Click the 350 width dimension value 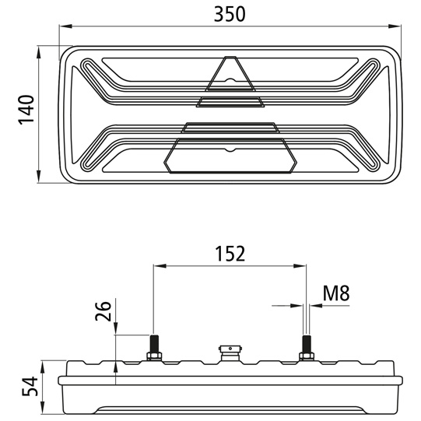(x=230, y=13)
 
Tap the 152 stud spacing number (x=230, y=253)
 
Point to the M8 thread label (x=335, y=293)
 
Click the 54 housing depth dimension (x=27, y=387)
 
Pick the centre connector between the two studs (x=230, y=353)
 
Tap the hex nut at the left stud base (x=153, y=356)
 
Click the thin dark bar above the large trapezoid (x=230, y=127)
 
